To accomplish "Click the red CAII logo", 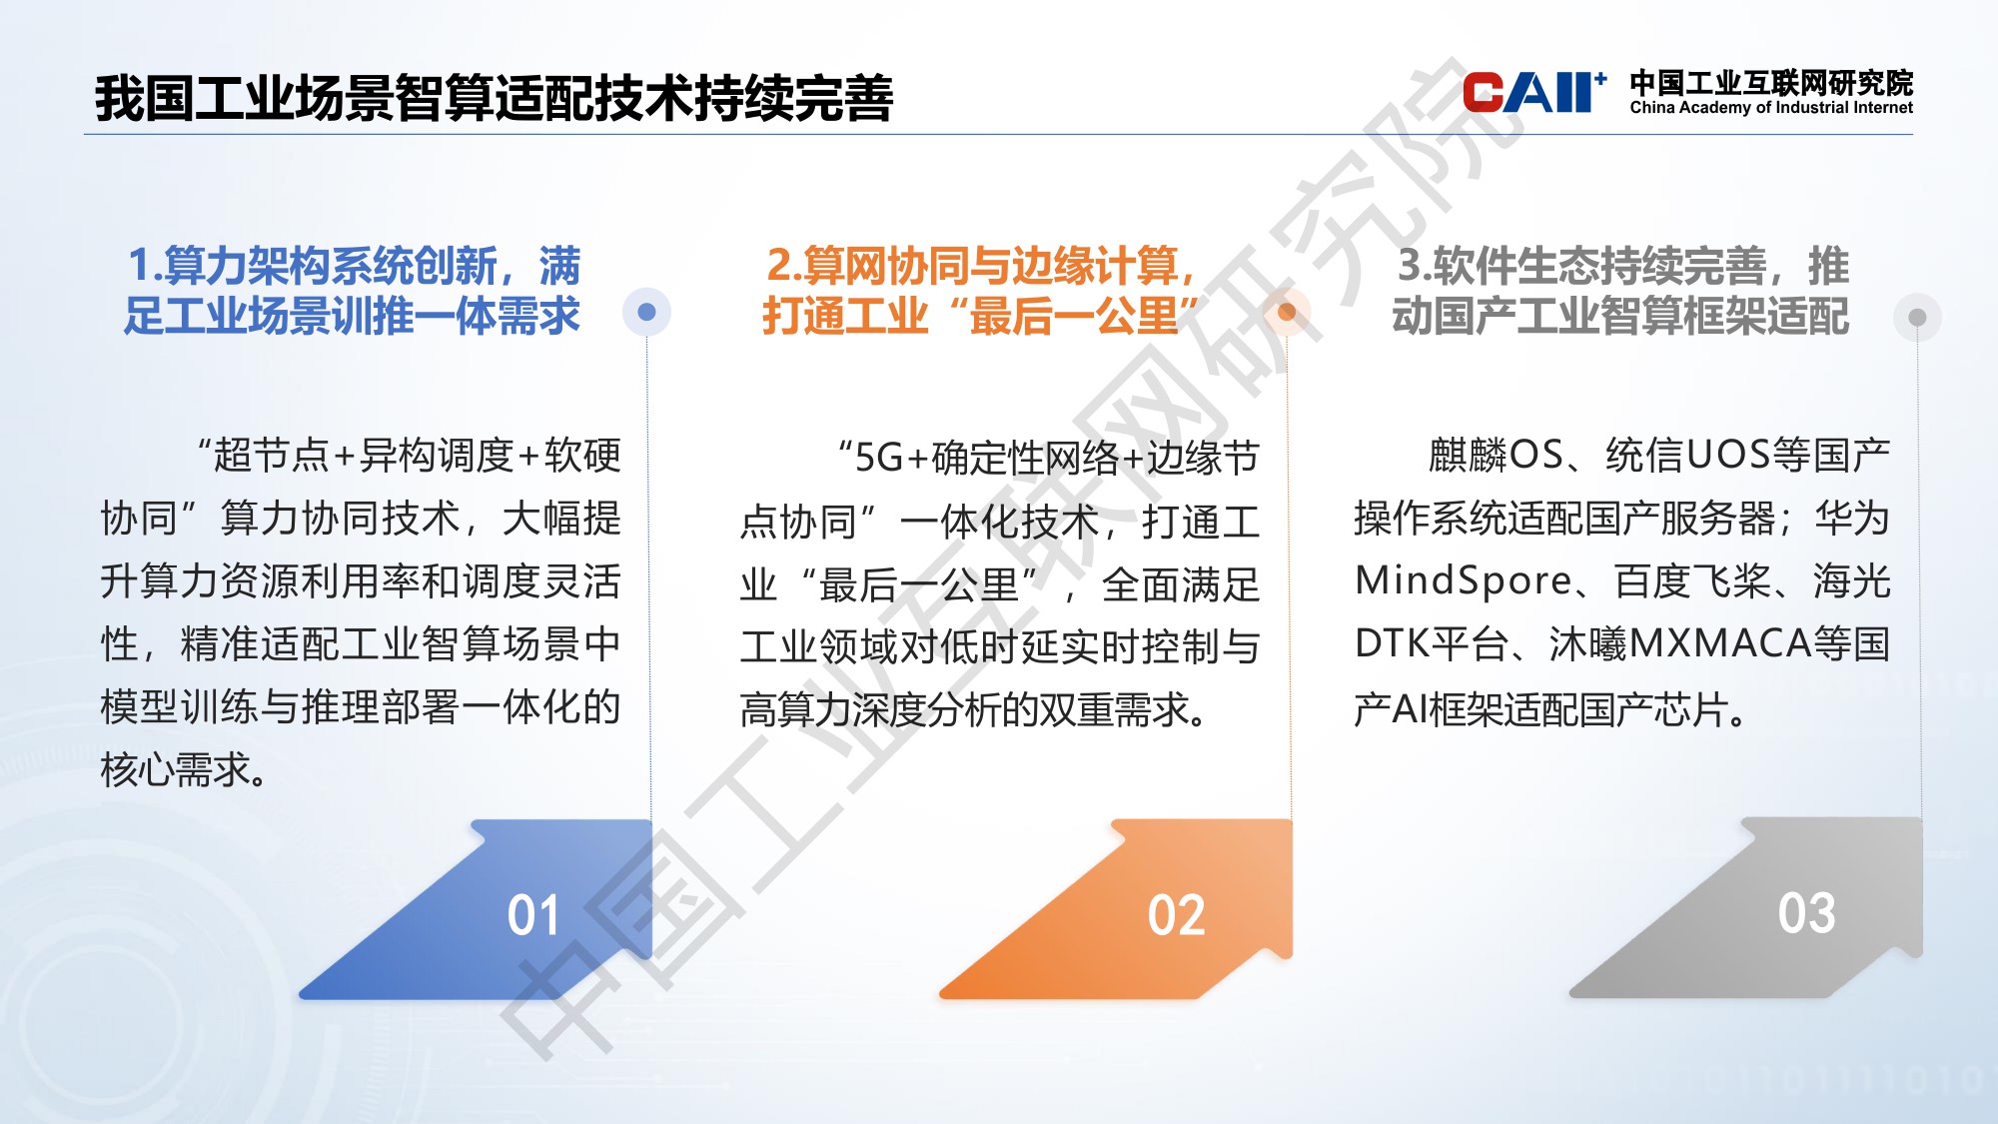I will tap(1532, 93).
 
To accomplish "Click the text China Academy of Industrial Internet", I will tap(1770, 108).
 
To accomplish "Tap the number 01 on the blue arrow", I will tap(533, 915).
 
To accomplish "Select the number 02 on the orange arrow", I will tap(1176, 915).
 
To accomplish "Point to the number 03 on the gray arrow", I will tap(1806, 912).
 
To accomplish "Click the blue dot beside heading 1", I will tap(646, 312).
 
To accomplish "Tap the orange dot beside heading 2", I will tap(1287, 312).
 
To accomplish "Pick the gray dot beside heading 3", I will tap(1917, 317).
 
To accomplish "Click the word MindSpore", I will tap(1463, 580).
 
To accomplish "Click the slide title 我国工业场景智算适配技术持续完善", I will tap(494, 98).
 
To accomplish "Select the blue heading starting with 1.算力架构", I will tap(353, 290).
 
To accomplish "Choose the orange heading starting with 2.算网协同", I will tap(980, 290).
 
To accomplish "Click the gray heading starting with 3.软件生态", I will tap(1620, 290).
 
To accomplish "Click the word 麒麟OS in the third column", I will tap(1496, 456).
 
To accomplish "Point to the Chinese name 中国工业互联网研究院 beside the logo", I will tap(1770, 82).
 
